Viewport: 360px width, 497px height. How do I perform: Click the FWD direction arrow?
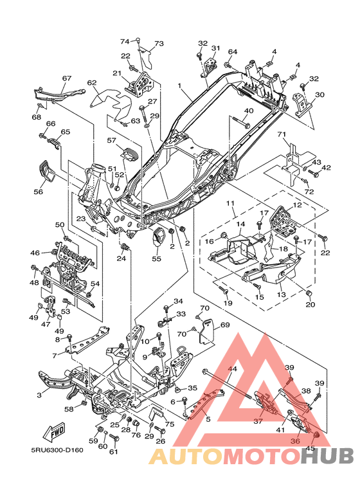(53, 432)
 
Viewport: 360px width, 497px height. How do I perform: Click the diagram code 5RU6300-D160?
(57, 450)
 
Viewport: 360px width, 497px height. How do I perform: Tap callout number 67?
(67, 78)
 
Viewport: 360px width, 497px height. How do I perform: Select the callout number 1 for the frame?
(179, 86)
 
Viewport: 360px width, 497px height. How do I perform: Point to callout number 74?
(125, 41)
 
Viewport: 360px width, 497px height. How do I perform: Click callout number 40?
(249, 111)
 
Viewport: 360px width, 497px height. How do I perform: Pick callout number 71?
(282, 134)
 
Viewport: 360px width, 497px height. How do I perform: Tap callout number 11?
(230, 203)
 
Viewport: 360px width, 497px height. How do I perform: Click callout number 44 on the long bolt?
(232, 369)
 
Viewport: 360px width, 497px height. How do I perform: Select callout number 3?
(39, 395)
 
